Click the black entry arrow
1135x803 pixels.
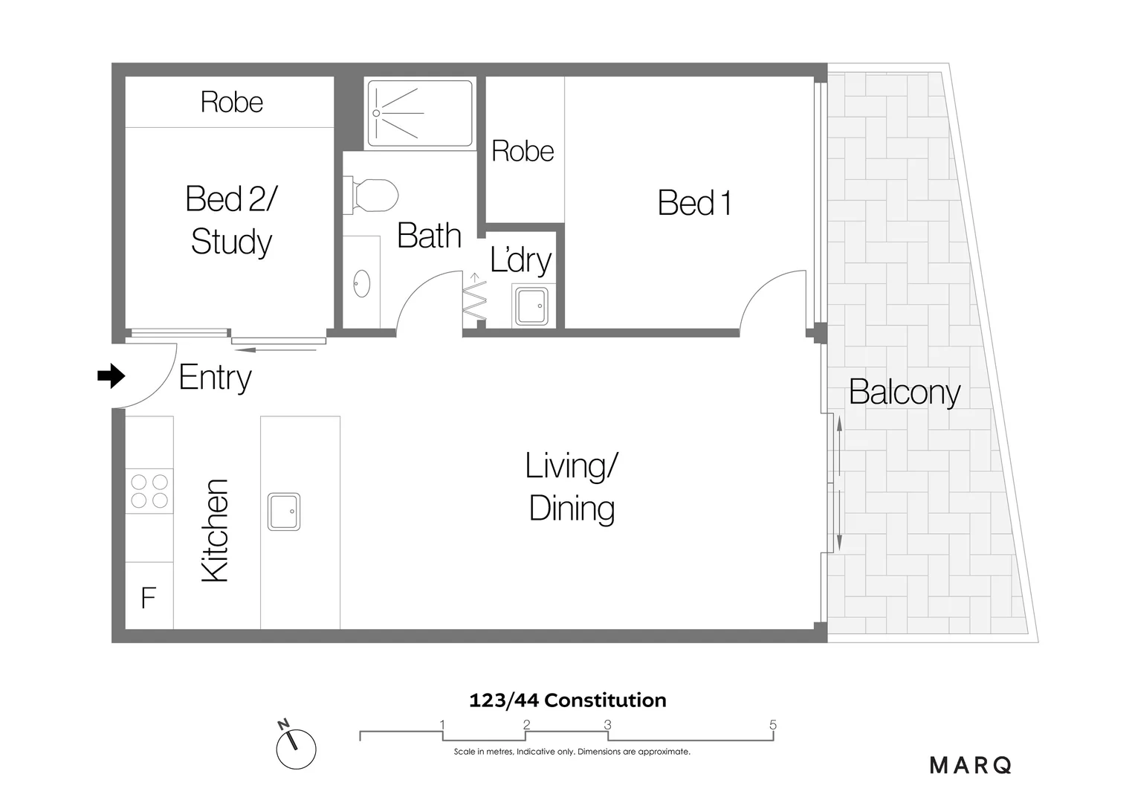[x=111, y=376]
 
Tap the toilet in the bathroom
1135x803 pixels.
[x=371, y=196]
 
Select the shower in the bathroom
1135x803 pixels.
[x=420, y=113]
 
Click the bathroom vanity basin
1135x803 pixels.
[x=362, y=283]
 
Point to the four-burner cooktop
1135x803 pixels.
[x=149, y=491]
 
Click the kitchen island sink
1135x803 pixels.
[x=284, y=512]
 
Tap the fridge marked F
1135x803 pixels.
[x=149, y=597]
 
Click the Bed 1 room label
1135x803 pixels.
[x=694, y=203]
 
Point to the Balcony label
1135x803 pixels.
[x=905, y=392]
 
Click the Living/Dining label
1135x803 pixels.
[x=572, y=487]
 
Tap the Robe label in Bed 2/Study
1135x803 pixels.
[x=232, y=102]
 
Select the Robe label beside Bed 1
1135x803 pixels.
[x=523, y=151]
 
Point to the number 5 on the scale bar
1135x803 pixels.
[x=773, y=725]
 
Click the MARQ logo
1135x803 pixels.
[x=971, y=765]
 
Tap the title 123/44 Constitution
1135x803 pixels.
[x=568, y=700]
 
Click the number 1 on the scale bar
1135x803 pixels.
[x=442, y=725]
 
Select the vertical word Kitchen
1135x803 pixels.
[x=216, y=530]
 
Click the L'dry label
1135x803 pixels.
[x=520, y=259]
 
